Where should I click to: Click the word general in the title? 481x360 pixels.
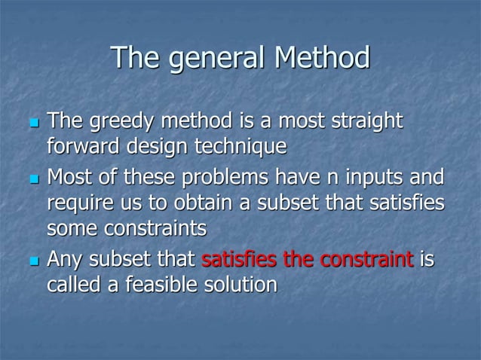(x=217, y=59)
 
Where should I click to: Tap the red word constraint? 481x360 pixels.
(x=362, y=261)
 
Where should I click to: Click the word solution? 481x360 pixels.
(x=240, y=285)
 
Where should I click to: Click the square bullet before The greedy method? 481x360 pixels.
(x=32, y=124)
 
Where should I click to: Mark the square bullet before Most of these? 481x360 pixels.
(x=32, y=182)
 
